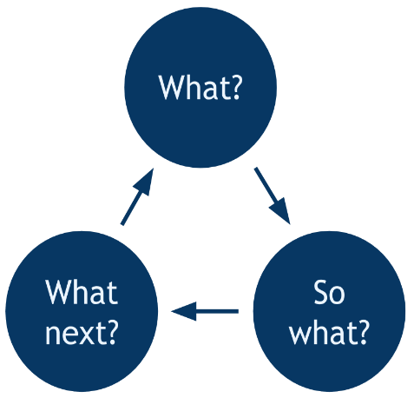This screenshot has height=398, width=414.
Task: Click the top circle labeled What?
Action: [x=200, y=87]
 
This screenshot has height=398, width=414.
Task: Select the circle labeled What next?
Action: [x=82, y=311]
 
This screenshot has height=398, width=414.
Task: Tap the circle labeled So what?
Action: [x=329, y=311]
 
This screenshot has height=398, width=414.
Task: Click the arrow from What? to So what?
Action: [x=273, y=196]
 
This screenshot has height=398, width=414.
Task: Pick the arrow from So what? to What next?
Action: [x=205, y=311]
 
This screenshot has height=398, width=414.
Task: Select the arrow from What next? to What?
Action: [x=137, y=196]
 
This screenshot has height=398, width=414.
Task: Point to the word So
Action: [x=329, y=292]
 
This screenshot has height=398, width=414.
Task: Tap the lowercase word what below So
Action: [x=321, y=332]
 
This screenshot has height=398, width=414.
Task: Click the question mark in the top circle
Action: [x=235, y=88]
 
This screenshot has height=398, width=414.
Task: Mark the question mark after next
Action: [x=111, y=333]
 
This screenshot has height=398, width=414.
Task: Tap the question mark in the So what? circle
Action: [x=362, y=332]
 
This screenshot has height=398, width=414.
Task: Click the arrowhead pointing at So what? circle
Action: [x=280, y=210]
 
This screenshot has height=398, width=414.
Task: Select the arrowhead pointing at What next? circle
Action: [x=184, y=311]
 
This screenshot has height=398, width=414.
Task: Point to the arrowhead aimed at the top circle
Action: [x=144, y=182]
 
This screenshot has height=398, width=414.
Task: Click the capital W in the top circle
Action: [x=172, y=88]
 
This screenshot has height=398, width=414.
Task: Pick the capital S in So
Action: [x=320, y=292]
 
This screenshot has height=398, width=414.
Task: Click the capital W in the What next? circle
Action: [x=58, y=292]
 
